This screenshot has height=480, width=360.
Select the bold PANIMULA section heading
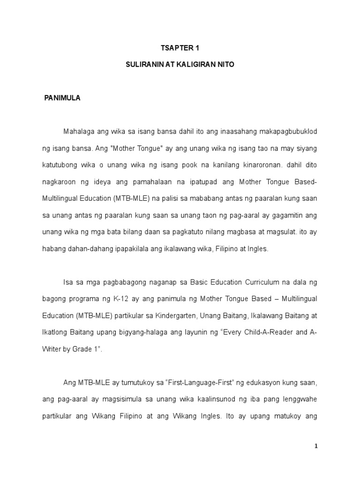(x=62, y=98)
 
